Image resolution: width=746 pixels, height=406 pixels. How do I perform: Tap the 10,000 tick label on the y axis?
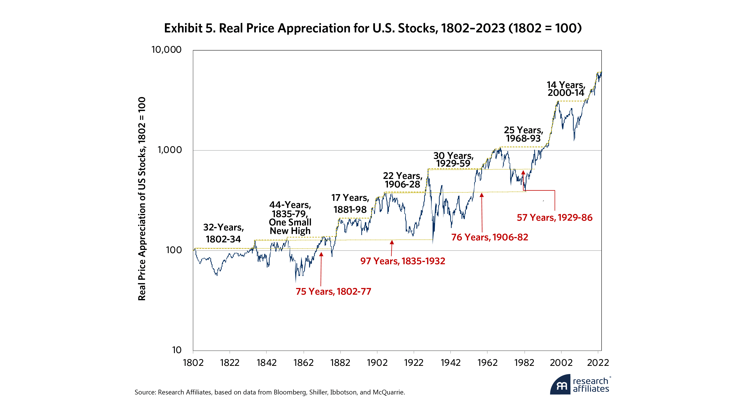coord(167,50)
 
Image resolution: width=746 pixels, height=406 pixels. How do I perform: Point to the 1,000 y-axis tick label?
coord(169,150)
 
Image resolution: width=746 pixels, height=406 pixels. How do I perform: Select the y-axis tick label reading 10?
coord(177,350)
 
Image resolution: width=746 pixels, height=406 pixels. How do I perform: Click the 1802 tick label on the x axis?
coord(193,363)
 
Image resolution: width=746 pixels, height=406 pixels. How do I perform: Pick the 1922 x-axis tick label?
coord(414,363)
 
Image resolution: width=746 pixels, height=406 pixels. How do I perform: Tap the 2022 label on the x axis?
coord(598,363)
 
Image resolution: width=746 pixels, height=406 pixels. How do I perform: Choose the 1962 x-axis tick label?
coord(487,363)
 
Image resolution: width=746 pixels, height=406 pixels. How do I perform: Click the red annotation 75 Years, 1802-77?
coord(333,291)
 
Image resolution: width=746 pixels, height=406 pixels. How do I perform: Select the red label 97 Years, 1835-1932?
coord(402,261)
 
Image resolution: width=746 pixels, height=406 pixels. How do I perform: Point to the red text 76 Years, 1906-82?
coord(489,237)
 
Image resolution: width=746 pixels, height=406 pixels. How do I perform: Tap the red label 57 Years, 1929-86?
coord(555,218)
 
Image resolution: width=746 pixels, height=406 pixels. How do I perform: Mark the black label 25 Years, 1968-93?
coord(523,134)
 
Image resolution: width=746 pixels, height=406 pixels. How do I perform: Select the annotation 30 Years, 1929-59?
coord(453,160)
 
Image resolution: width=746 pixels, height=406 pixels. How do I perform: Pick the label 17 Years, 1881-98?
coord(350,203)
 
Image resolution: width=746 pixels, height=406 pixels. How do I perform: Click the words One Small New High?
coord(290,227)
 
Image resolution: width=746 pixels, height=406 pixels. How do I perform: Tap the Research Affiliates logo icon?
coord(560,385)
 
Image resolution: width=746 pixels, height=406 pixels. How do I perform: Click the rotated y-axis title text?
coord(142,199)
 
